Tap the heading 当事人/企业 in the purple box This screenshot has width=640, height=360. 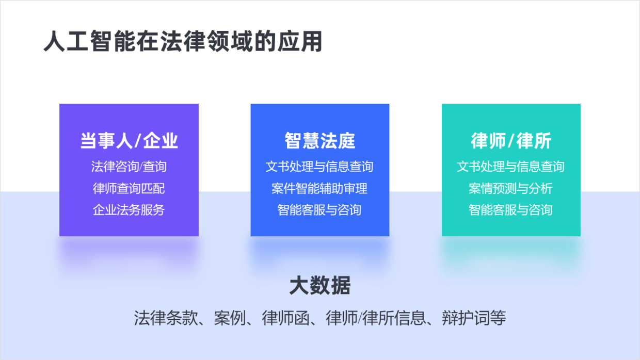(129, 140)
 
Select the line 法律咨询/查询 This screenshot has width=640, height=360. (129, 167)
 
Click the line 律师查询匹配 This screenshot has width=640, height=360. (129, 188)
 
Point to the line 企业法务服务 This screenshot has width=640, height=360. (129, 210)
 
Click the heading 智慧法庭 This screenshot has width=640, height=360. (320, 140)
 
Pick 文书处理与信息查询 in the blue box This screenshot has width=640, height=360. (320, 167)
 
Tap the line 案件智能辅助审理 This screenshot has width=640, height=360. (320, 188)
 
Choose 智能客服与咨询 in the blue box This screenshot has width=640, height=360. (320, 210)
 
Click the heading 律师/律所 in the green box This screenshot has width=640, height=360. (511, 140)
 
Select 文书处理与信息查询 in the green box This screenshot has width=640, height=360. (511, 167)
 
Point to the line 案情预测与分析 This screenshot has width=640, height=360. (511, 188)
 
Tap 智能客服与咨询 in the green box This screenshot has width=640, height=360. (511, 210)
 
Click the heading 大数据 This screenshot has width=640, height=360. (320, 285)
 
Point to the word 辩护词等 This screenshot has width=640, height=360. (474, 318)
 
